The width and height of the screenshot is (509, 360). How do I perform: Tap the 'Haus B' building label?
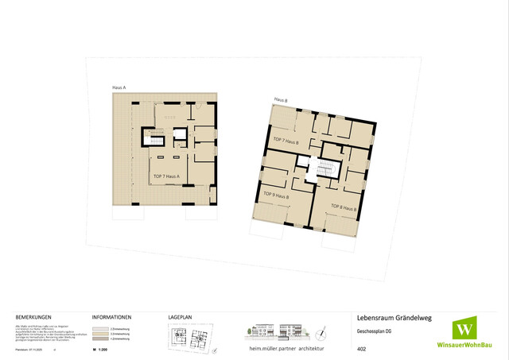point(281,100)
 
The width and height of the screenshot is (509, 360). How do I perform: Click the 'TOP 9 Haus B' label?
point(275,194)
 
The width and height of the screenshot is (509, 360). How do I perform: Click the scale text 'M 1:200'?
point(100,349)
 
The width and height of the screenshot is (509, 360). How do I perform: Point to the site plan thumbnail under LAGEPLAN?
point(192,339)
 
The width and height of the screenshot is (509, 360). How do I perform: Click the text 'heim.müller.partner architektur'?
point(287,349)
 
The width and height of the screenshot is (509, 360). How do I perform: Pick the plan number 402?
point(362,348)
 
